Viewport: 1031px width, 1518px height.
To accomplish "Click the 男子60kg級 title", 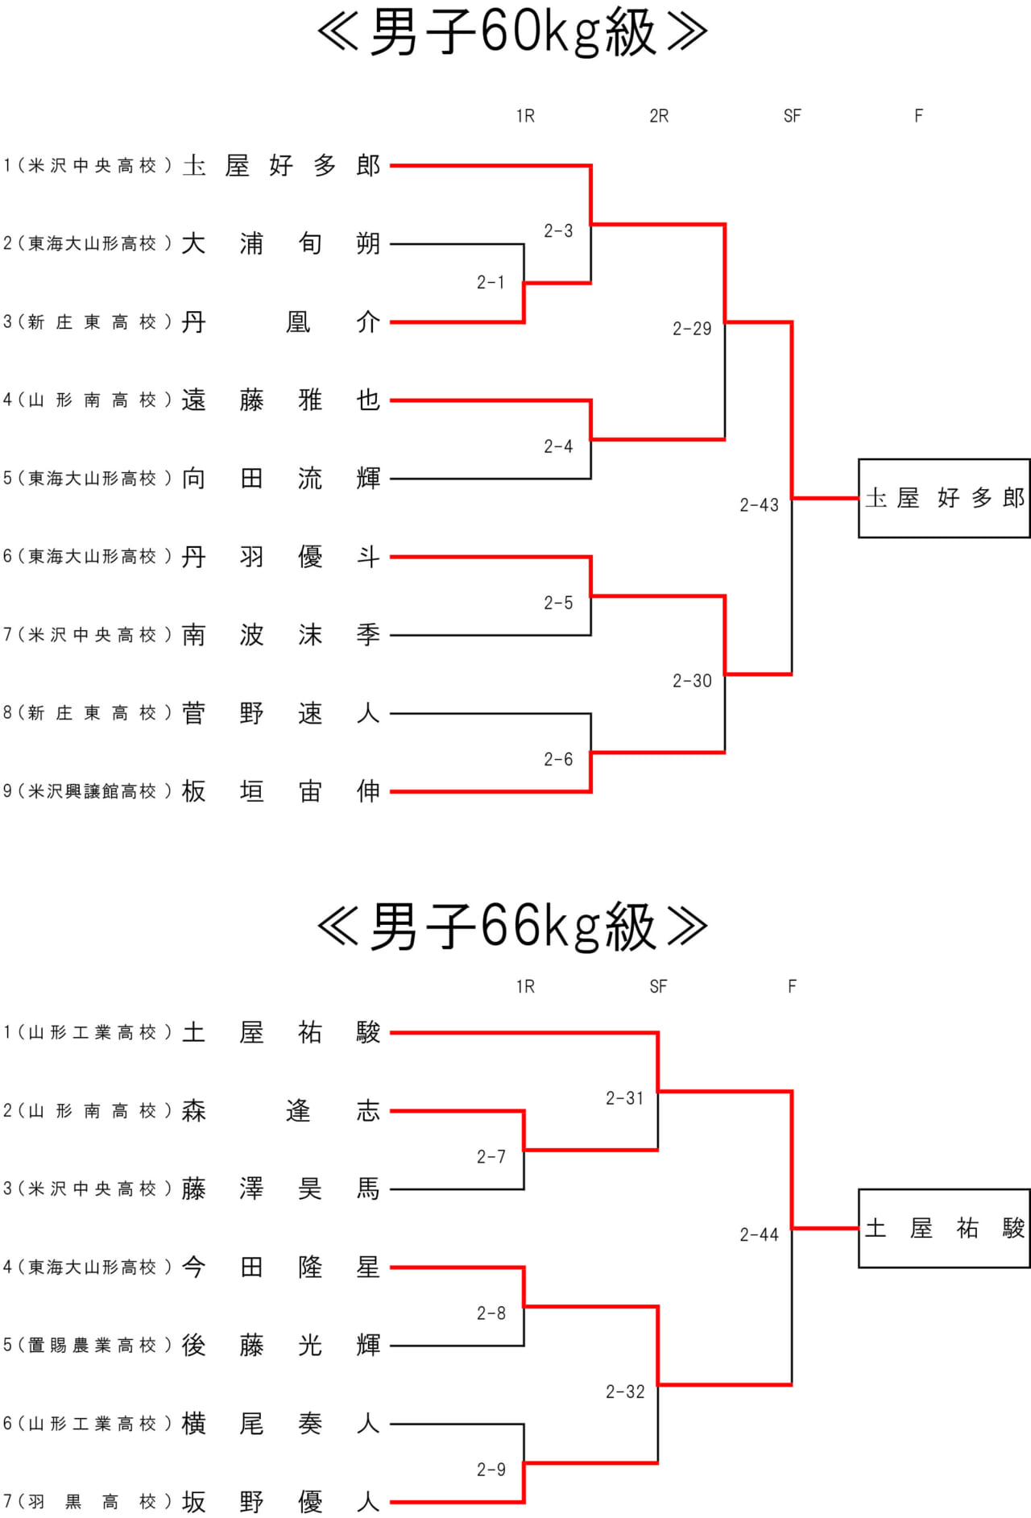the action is [x=513, y=33].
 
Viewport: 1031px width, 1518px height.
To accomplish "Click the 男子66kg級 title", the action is [x=513, y=927].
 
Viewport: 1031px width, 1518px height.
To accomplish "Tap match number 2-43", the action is [x=759, y=505].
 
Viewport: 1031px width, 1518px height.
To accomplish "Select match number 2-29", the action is [x=692, y=329].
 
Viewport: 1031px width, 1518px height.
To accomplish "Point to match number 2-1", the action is [x=491, y=283].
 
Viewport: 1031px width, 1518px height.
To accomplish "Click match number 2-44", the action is [x=759, y=1234].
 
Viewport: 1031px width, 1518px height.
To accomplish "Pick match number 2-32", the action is [x=625, y=1391].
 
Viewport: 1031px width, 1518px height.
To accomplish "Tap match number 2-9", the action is [x=491, y=1470].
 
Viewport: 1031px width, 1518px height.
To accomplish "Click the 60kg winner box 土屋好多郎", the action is [x=944, y=498].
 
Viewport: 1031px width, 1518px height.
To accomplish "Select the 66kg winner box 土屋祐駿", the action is [x=944, y=1228].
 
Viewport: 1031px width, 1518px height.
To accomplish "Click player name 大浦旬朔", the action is [x=281, y=243].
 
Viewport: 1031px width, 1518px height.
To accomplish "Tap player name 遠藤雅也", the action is [x=281, y=400].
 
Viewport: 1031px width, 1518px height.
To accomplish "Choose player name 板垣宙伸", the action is [x=281, y=791].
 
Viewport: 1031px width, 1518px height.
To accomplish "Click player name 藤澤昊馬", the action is [x=281, y=1188].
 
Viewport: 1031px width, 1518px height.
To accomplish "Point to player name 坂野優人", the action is [x=281, y=1502].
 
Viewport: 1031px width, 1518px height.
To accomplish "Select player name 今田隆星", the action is [x=281, y=1267].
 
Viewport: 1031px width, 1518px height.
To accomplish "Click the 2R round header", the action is [x=659, y=116].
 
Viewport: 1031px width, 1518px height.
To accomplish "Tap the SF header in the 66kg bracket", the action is [x=658, y=986].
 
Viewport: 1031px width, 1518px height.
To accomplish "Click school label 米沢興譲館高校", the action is [x=93, y=791].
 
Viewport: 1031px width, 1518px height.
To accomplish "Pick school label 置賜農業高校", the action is [x=93, y=1345].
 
